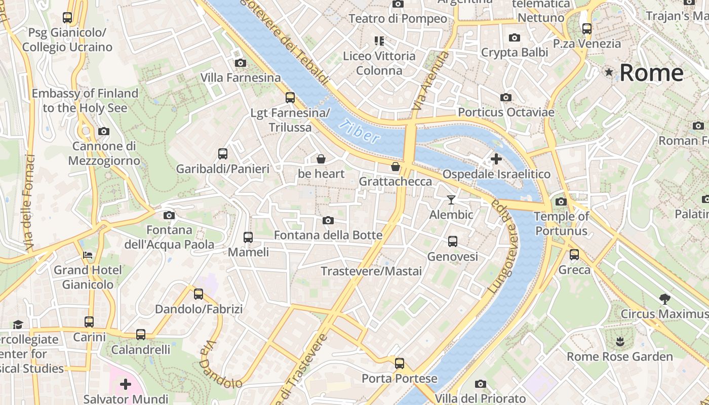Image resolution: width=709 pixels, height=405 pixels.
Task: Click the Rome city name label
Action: coord(651,73)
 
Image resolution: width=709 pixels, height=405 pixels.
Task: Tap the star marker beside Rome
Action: coord(609,73)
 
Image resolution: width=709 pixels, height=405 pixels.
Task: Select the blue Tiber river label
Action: coord(359,132)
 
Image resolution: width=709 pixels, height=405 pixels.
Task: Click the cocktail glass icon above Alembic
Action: coord(451,200)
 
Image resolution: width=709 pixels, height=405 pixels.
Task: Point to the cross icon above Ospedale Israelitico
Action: coord(496,159)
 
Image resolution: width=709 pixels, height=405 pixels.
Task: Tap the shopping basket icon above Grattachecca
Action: coord(396,167)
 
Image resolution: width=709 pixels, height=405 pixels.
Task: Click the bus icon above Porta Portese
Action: coord(400,363)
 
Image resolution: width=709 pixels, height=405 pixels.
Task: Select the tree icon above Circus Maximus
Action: coord(665,299)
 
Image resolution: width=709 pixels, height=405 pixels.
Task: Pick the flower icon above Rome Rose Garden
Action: coord(620,341)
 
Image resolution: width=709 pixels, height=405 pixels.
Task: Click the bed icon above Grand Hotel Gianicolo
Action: coord(88,255)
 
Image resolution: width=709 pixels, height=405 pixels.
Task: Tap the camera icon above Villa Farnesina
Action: coord(241,63)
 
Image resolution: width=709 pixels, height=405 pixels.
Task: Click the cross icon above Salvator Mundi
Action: coord(126,384)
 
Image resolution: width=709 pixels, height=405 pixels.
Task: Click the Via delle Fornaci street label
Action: coord(29,202)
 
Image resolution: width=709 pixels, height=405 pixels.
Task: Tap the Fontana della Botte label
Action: coord(328,235)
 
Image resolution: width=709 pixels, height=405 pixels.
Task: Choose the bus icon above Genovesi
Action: coord(453,241)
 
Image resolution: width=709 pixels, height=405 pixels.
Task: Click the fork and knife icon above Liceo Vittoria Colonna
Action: coord(379,40)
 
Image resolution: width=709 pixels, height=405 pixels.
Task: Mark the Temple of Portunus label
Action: coord(561,224)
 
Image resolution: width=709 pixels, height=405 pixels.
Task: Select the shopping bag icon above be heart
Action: coord(321,159)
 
